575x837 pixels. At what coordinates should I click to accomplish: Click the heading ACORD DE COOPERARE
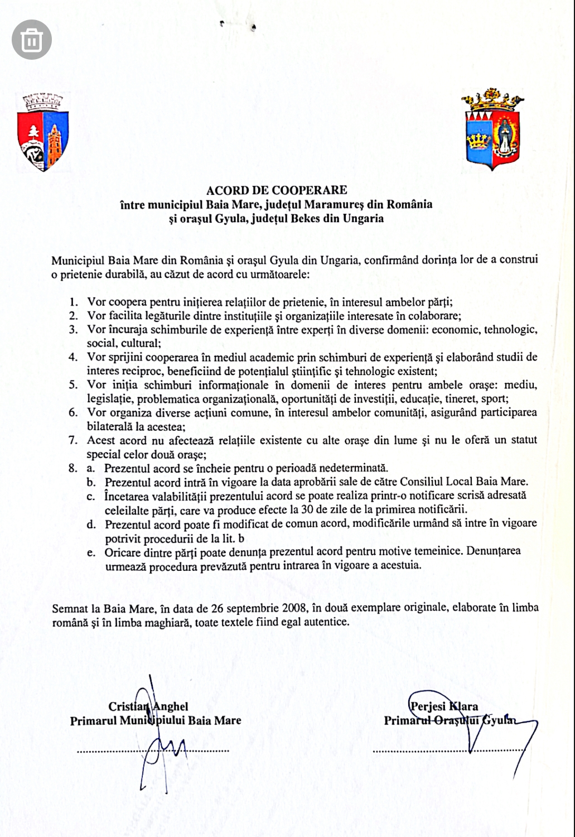pos(276,191)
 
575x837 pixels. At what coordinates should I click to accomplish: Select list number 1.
pos(73,302)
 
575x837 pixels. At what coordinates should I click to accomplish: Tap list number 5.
pos(73,385)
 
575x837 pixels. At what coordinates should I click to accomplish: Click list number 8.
pos(73,468)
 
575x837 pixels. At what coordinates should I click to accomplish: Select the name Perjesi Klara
pos(444,706)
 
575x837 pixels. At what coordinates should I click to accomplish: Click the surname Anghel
pos(171,706)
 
